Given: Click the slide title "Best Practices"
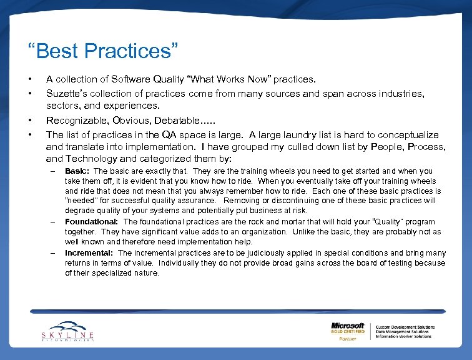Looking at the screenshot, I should tap(103, 51).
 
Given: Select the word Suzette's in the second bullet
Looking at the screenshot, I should tap(67, 93).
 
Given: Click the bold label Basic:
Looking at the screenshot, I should tap(77, 171).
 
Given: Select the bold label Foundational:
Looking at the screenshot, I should tap(91, 221).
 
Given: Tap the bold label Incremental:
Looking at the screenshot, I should tap(89, 252).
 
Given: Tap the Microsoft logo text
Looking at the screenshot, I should tap(348, 326).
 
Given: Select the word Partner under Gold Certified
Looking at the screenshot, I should tap(348, 338).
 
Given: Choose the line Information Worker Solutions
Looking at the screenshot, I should tap(403, 336).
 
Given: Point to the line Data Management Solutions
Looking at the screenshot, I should tap(403, 331).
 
